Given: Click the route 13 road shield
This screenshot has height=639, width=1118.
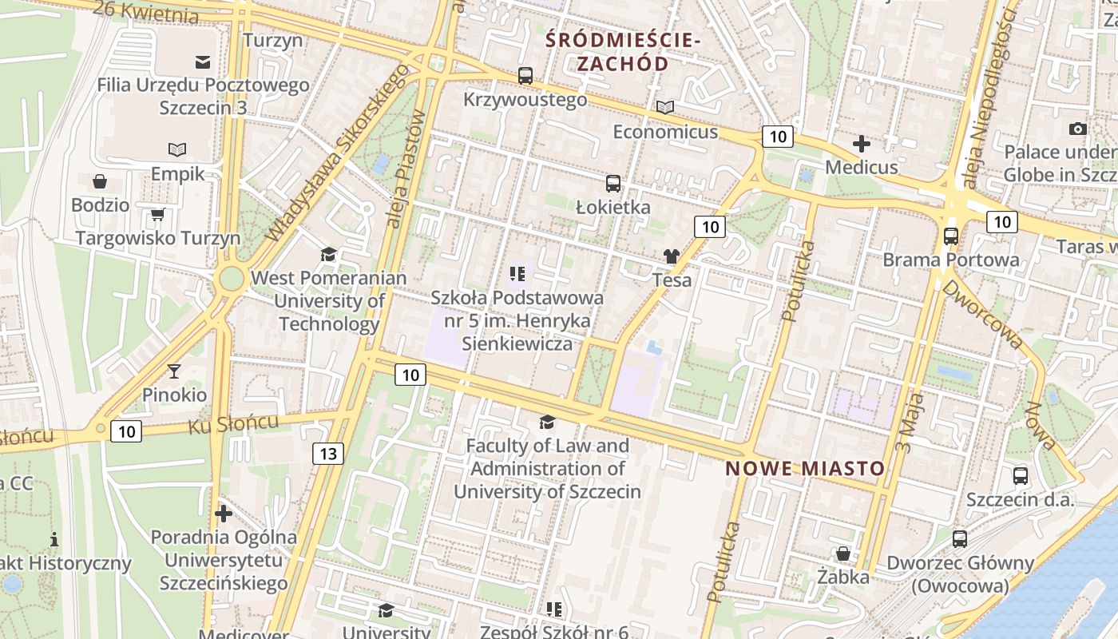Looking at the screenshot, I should pyautogui.click(x=328, y=454).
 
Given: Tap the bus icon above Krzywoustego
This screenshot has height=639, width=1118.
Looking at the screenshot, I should pyautogui.click(x=525, y=77).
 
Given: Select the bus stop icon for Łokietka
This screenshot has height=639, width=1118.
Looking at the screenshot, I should pyautogui.click(x=613, y=184).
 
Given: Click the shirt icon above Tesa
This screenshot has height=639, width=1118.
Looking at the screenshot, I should pyautogui.click(x=671, y=256).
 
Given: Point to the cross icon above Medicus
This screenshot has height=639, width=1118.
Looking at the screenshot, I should pyautogui.click(x=861, y=145).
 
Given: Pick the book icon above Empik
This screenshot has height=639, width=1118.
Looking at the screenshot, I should pyautogui.click(x=177, y=150).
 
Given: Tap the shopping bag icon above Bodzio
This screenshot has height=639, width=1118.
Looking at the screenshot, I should pyautogui.click(x=100, y=181).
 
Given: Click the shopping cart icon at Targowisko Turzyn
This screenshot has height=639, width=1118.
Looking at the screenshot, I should pyautogui.click(x=157, y=214).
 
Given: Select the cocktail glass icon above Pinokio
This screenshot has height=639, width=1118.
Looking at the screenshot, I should pyautogui.click(x=174, y=371).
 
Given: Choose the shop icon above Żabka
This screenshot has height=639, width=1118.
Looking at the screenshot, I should pyautogui.click(x=842, y=554).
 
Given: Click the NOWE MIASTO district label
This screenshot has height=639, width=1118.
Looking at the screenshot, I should pyautogui.click(x=805, y=469).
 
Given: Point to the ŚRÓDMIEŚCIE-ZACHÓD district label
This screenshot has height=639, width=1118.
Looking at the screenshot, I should pyautogui.click(x=623, y=51).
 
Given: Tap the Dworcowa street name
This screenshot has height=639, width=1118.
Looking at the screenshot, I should pyautogui.click(x=983, y=313).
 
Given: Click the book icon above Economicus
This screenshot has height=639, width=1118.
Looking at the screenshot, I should pyautogui.click(x=665, y=108).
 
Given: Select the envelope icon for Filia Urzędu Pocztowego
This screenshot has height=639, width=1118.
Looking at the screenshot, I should pyautogui.click(x=203, y=62).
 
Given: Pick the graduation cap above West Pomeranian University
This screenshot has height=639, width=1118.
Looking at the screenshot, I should pyautogui.click(x=328, y=255).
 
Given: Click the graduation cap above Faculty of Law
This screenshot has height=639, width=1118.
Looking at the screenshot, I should pyautogui.click(x=547, y=422).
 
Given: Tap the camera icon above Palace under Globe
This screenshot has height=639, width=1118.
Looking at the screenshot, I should pyautogui.click(x=1077, y=129).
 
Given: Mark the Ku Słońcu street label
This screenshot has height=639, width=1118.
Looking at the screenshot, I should pyautogui.click(x=233, y=424).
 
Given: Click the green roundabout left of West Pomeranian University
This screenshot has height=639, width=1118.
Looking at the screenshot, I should pyautogui.click(x=231, y=280).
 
